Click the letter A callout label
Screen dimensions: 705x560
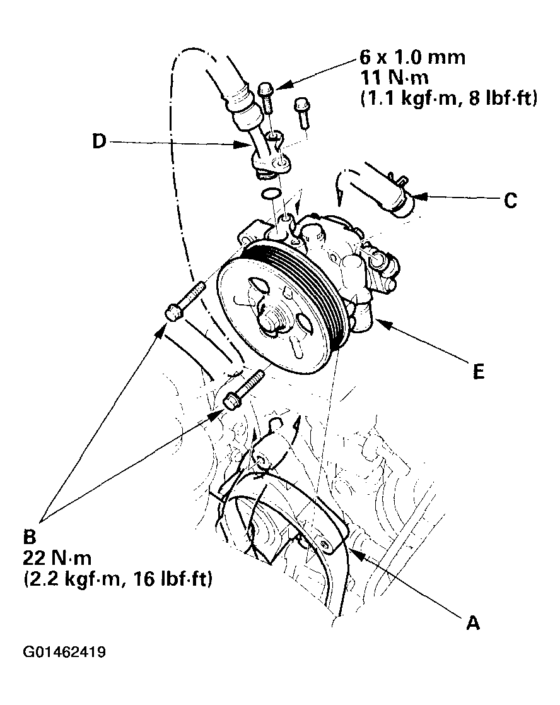[x=472, y=623]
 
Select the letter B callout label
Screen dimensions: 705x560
[x=29, y=538]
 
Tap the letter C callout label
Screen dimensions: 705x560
[x=511, y=201]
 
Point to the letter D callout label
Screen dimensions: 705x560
[x=98, y=143]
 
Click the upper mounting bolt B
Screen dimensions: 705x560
[x=184, y=301]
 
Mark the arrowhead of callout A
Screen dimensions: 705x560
[x=351, y=552]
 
